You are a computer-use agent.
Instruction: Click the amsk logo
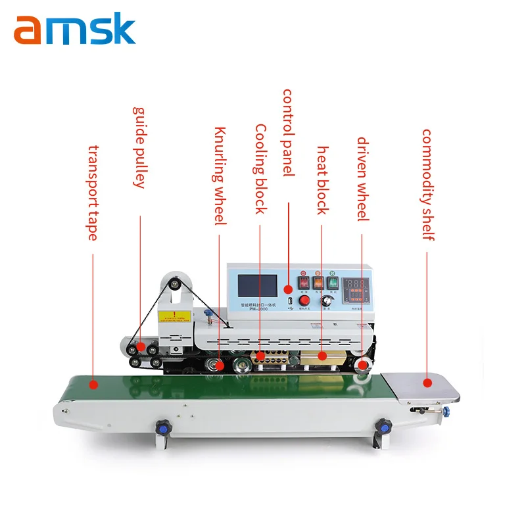click(74, 30)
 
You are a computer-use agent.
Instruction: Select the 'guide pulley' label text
click(139, 147)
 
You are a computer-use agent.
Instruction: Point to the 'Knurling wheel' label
click(220, 176)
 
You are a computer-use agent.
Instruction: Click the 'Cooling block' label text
click(260, 169)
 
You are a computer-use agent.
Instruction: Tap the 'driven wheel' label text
click(362, 179)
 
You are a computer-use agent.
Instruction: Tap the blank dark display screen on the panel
click(257, 285)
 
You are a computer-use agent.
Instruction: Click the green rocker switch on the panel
click(333, 283)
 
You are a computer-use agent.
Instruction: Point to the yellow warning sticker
click(174, 316)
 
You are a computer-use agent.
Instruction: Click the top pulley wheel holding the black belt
click(173, 283)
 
